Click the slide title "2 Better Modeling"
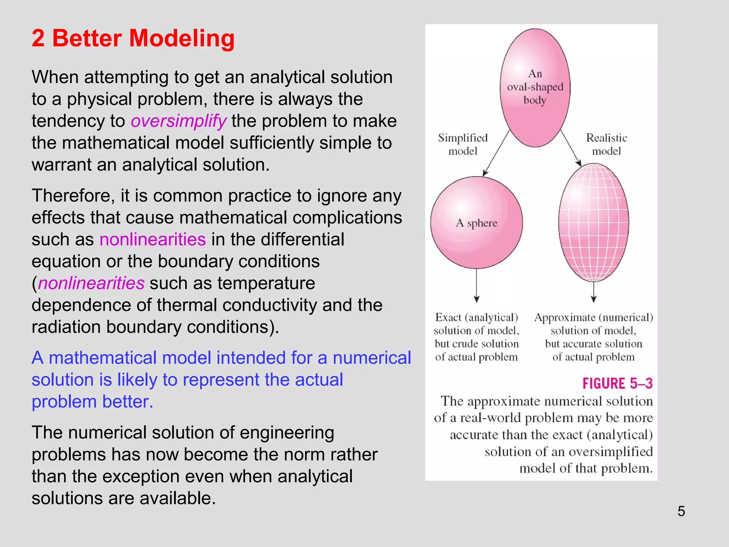(133, 38)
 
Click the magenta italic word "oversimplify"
(178, 121)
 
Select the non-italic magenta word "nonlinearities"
(152, 239)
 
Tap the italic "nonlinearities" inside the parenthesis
(91, 283)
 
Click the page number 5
(681, 511)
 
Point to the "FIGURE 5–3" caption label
(617, 384)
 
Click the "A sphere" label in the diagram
(476, 223)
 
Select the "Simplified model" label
(463, 144)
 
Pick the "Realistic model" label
(606, 144)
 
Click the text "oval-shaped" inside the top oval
(535, 87)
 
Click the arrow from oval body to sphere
(496, 153)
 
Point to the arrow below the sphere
(477, 285)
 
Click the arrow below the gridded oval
(593, 292)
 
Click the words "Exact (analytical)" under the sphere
(476, 317)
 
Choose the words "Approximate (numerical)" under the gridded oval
(593, 317)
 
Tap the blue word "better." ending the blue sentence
(127, 402)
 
